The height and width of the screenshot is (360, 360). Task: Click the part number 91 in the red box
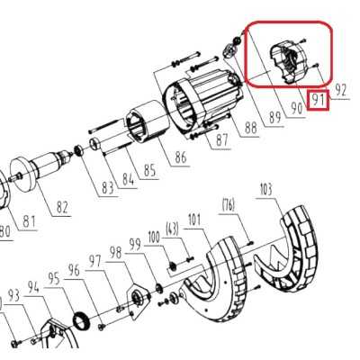(x=317, y=99)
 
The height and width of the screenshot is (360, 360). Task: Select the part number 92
(x=340, y=90)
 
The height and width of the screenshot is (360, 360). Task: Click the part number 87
(x=221, y=139)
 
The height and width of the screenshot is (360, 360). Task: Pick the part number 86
(x=181, y=158)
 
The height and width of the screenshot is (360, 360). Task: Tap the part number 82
(x=61, y=208)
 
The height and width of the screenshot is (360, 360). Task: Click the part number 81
(x=30, y=221)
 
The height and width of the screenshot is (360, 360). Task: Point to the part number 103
(x=265, y=190)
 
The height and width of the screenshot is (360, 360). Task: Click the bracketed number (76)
(x=229, y=205)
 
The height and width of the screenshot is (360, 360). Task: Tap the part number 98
(x=114, y=253)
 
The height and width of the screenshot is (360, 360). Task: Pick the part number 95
(x=53, y=279)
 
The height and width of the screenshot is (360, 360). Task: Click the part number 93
(x=13, y=295)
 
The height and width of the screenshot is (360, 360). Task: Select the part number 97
(x=94, y=261)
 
